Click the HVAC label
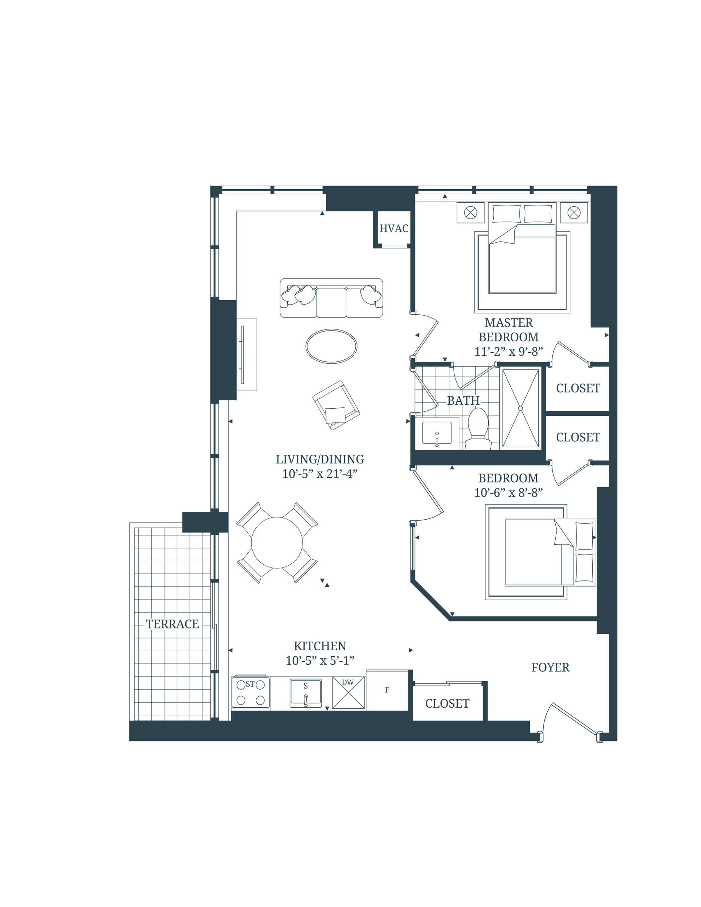(x=393, y=229)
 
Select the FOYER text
(x=550, y=667)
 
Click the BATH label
(x=463, y=401)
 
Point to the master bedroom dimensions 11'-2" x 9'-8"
(x=508, y=352)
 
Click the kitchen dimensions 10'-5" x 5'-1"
(x=319, y=661)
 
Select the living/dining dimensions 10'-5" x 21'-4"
(x=319, y=474)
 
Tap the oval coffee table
(x=331, y=346)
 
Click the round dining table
(x=277, y=542)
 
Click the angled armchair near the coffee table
(x=336, y=405)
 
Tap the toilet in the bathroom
(x=478, y=428)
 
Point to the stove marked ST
(x=250, y=693)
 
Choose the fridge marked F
(x=387, y=690)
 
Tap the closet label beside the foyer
(x=447, y=704)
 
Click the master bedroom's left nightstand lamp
(x=470, y=213)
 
